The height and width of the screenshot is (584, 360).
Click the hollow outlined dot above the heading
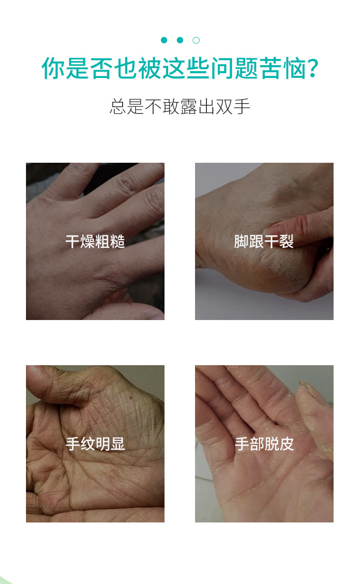196,41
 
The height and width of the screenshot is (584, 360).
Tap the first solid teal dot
164,40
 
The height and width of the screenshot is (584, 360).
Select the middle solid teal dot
180,40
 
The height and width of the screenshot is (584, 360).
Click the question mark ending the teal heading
313,68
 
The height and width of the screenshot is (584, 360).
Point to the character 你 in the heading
53,68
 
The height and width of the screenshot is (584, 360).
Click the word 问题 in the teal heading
235,68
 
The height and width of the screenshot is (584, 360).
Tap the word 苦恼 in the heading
283,68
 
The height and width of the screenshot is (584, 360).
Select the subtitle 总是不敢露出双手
180,107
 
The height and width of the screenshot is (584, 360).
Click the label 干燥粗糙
95,241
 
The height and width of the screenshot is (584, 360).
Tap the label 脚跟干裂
264,241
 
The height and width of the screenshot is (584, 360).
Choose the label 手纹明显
95,444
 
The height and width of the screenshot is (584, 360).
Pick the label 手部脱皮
264,444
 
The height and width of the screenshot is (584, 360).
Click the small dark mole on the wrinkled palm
130,398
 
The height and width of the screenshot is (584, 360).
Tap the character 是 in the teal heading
77,68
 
